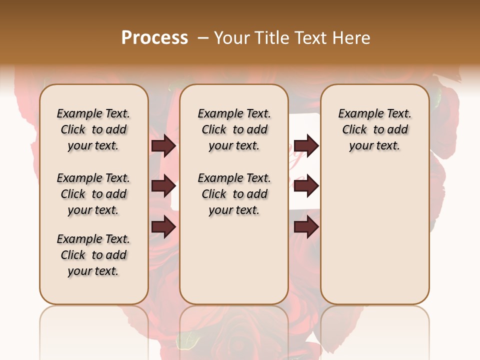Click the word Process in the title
(154, 38)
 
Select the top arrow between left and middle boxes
(163, 145)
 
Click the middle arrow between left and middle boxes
(163, 186)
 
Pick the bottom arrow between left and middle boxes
(163, 226)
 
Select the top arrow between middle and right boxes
(306, 145)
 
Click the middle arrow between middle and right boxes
(306, 186)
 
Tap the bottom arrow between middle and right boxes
(306, 226)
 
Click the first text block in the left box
(93, 129)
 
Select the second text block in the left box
(93, 194)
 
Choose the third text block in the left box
(93, 255)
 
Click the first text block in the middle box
(234, 129)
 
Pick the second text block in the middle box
(234, 194)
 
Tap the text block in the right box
(375, 129)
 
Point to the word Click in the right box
(354, 130)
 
